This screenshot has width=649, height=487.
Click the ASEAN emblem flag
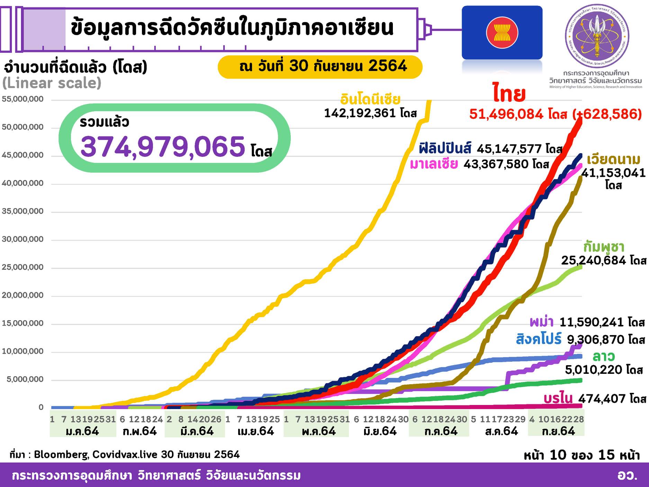502,33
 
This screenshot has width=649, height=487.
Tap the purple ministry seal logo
597,36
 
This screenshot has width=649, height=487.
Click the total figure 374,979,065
163,146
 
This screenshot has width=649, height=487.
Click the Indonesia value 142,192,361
360,113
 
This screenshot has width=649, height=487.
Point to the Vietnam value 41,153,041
613,173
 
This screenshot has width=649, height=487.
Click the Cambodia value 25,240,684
593,260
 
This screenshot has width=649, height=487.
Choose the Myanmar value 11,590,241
592,323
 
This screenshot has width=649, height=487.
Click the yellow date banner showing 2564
320,66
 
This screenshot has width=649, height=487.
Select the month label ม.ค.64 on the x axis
82,432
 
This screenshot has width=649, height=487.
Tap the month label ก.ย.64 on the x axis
558,432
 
